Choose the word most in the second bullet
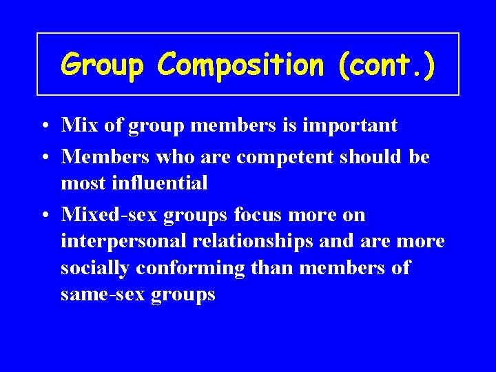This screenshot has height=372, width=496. coord(79,183)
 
